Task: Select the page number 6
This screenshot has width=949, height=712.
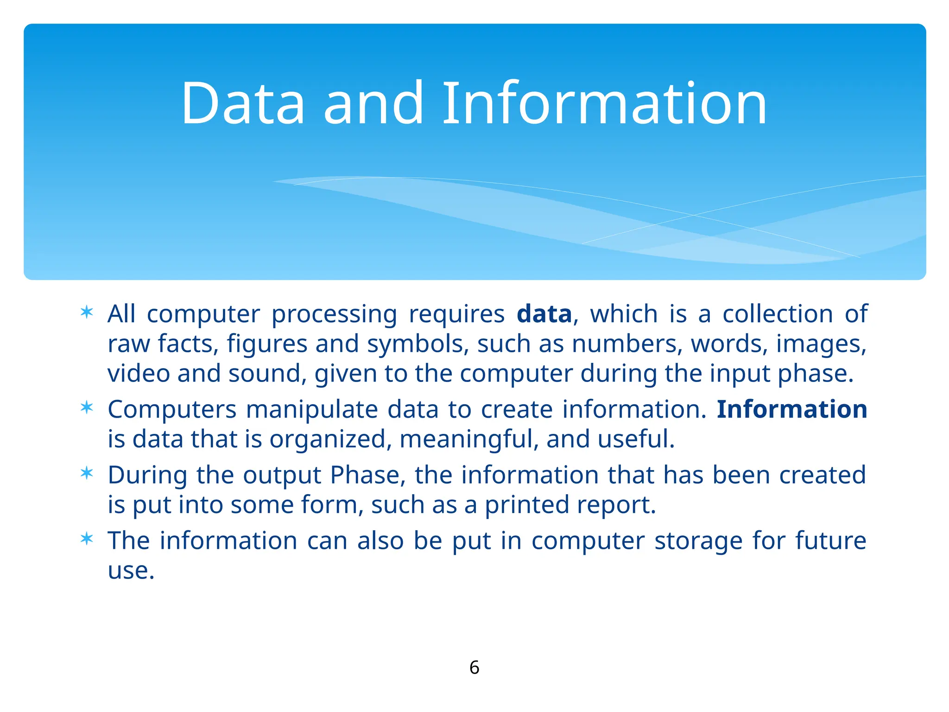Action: pos(474,667)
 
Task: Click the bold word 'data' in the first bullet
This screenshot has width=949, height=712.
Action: pos(544,314)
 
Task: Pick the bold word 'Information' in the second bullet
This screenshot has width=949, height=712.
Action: pos(791,409)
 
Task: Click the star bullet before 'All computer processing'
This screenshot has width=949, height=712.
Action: pos(87,313)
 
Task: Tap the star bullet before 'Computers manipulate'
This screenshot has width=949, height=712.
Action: pos(87,408)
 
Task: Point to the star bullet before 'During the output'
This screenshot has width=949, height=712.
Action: pos(87,474)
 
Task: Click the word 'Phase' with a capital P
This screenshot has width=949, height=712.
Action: pos(365,475)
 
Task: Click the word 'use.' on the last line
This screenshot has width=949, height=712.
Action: pos(131,571)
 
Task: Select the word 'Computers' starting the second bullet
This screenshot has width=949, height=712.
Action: pos(172,410)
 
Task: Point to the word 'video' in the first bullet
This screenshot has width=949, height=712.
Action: pos(139,374)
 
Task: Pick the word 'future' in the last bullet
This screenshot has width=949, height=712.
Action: pos(830,540)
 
